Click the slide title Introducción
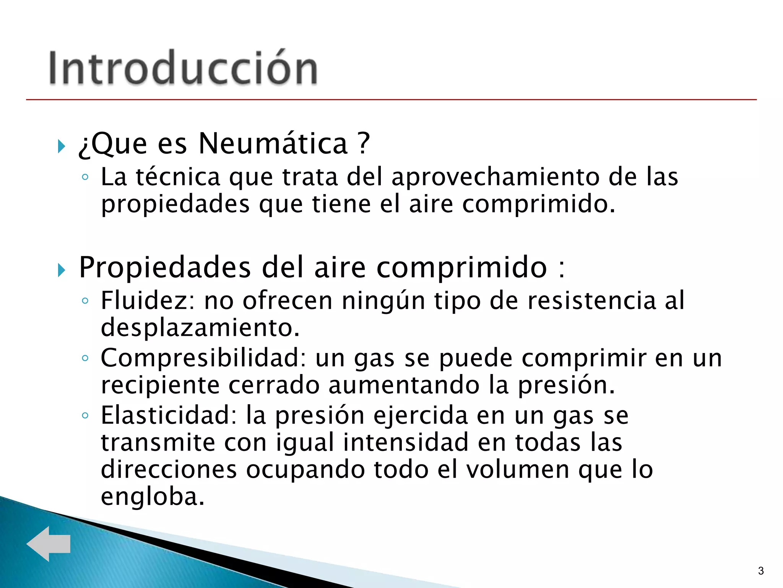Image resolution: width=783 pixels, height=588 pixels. [x=183, y=68]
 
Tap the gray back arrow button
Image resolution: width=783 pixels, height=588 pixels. [x=49, y=543]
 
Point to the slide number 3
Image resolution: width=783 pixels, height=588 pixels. [x=761, y=571]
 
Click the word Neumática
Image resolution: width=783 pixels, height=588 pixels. [x=273, y=143]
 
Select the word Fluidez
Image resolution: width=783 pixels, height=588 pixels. [x=148, y=301]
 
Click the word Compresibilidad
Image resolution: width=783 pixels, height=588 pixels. [x=203, y=358]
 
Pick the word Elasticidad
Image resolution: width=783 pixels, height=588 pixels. [x=169, y=415]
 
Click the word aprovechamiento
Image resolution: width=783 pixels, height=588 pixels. [x=495, y=177]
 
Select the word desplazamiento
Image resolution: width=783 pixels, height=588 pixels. [x=200, y=328]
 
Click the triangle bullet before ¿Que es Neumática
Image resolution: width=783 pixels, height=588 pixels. [x=61, y=146]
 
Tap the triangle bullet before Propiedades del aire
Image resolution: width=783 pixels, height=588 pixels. [x=61, y=270]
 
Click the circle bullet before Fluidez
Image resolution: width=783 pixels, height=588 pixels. [x=85, y=301]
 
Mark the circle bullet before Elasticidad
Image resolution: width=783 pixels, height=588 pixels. [x=85, y=415]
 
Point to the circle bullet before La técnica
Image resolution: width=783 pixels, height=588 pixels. [x=85, y=177]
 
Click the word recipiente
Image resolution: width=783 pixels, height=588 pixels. [x=160, y=385]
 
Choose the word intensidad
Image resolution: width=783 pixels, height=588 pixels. [x=406, y=443]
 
